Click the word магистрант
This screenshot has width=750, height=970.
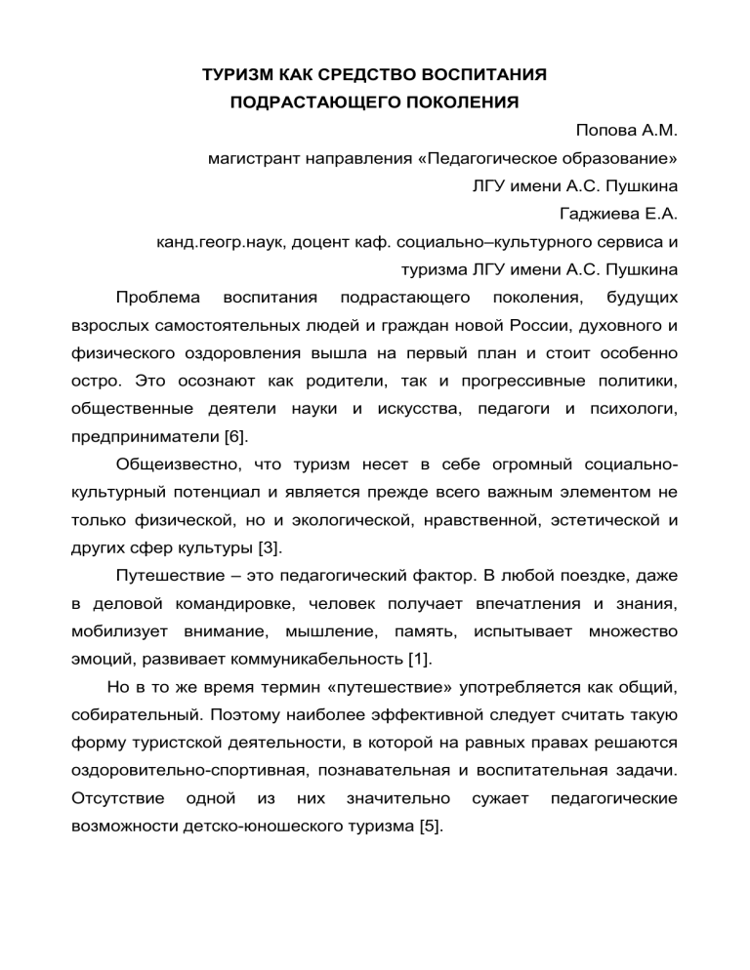click(x=258, y=156)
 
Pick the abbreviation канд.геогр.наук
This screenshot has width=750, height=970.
click(x=220, y=238)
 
